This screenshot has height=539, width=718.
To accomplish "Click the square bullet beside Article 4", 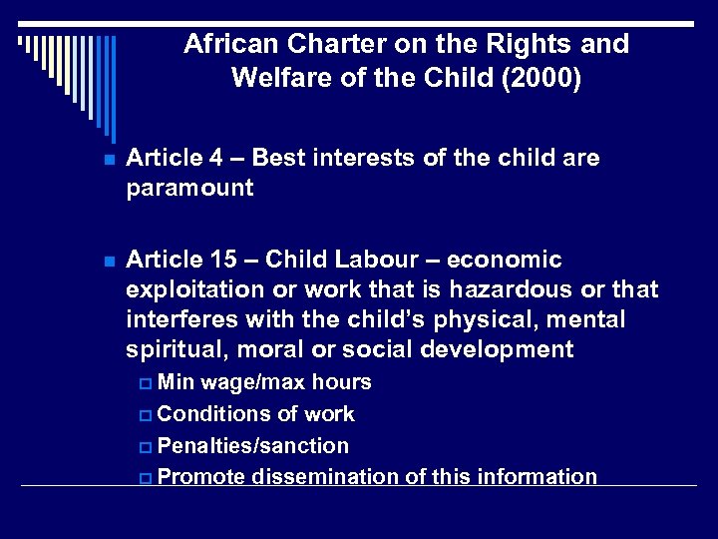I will click(108, 160).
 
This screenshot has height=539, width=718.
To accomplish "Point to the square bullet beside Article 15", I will click(108, 262).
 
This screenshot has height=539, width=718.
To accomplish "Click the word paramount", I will click(189, 188).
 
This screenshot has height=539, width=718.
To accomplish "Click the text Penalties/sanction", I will click(253, 445).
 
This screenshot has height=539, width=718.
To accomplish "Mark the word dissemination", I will click(326, 477).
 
